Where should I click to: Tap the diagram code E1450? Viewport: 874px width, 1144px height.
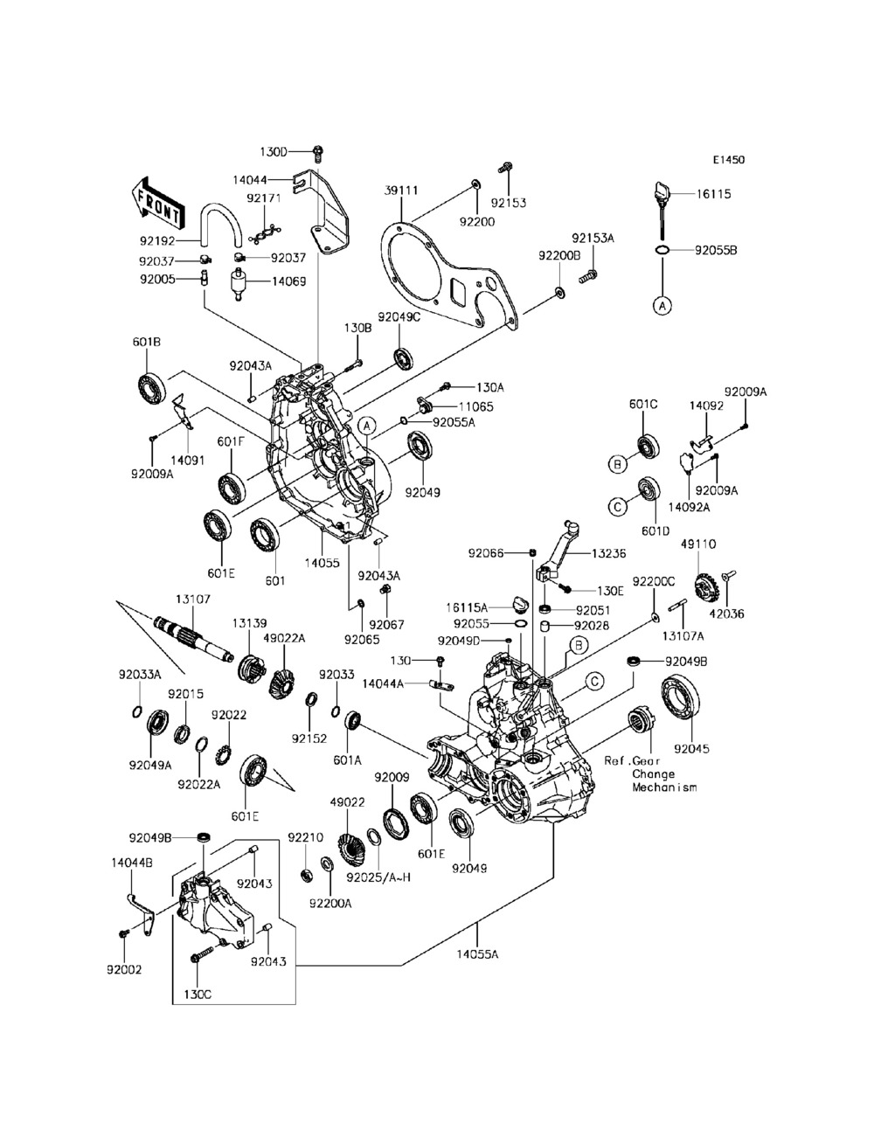(x=727, y=160)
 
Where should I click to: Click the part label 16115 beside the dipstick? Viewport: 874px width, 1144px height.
(x=713, y=195)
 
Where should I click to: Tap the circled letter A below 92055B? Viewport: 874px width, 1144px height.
(x=662, y=305)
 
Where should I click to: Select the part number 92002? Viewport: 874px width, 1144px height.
(x=123, y=970)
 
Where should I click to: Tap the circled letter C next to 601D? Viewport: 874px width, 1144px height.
(x=616, y=506)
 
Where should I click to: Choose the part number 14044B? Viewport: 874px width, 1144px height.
(x=132, y=863)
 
